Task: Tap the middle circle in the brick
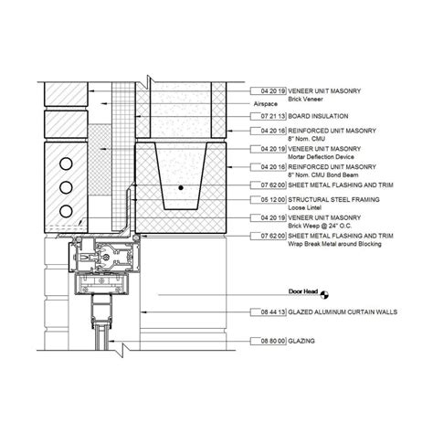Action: [x=66, y=187]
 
